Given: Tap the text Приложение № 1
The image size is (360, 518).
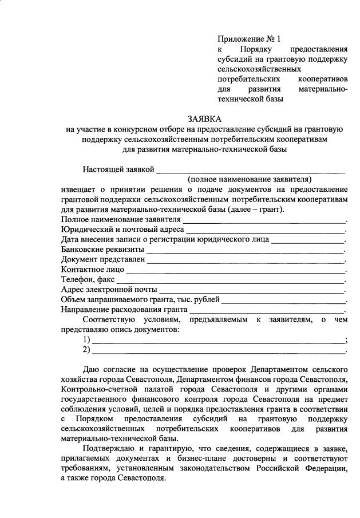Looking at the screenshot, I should (x=249, y=39).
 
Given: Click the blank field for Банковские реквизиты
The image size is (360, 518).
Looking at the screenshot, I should (x=244, y=250).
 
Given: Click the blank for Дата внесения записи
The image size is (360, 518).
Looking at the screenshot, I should (x=307, y=240).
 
